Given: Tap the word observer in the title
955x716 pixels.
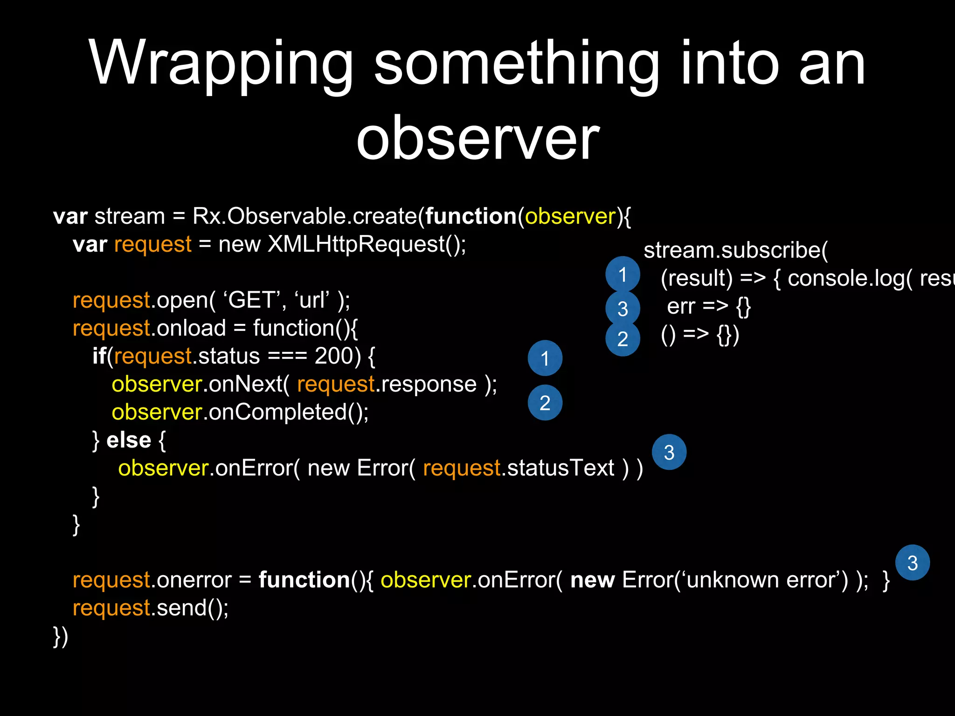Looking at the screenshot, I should pos(477,138).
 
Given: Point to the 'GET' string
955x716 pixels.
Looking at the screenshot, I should pos(252,300).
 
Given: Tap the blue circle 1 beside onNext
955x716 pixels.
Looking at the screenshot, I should pos(545,358).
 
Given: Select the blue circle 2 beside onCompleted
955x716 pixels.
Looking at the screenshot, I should pos(545,403).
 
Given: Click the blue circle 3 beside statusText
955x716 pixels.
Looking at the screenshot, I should pos(669,452).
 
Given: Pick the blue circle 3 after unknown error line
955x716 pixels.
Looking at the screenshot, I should pos(913,563).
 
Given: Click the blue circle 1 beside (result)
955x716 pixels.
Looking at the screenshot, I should pos(623,274).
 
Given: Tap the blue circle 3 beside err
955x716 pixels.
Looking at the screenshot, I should pos(623,308).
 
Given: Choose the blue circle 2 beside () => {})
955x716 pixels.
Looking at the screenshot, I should pos(623,339).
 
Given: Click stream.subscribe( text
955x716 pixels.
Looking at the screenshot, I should pos(735,250).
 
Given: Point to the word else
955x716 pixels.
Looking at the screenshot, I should pos(129,440).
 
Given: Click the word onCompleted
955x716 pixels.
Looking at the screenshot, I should pos(277,412).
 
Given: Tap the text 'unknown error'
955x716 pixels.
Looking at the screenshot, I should pos(765,580).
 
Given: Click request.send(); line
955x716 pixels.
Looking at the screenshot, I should pos(151,608).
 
